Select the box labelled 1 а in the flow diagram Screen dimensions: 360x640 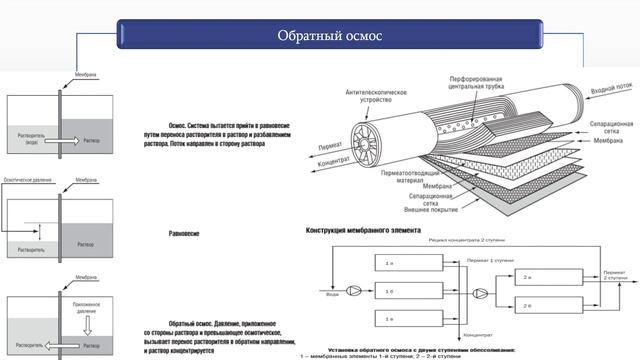(391, 263)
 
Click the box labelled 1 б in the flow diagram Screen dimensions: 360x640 (391, 292)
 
